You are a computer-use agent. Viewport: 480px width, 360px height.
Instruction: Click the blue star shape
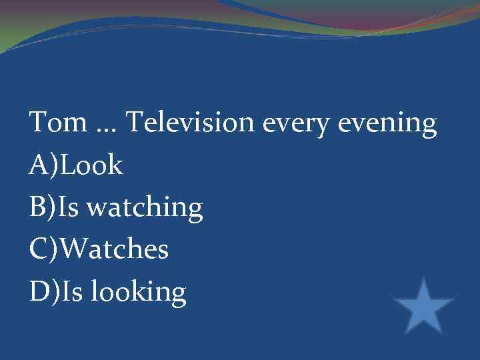tap(424, 307)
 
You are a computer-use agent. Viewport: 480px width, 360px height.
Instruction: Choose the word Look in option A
tap(92, 165)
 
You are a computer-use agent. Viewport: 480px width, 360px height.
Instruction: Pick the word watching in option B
tap(145, 209)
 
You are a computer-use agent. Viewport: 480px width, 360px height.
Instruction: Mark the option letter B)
tap(44, 208)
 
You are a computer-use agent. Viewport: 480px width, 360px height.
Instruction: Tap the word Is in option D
tap(71, 291)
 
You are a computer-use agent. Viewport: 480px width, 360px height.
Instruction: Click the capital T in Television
tap(133, 123)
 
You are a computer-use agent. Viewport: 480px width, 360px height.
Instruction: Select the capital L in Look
tap(67, 165)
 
